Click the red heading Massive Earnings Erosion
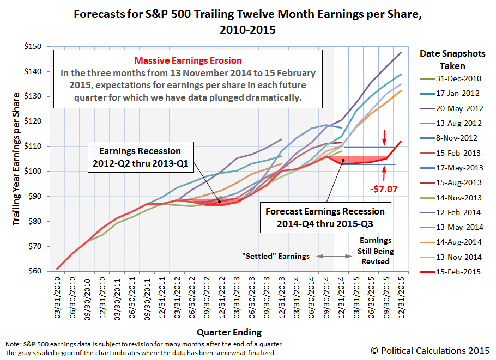click(189, 60)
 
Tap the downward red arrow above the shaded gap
click(385, 136)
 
